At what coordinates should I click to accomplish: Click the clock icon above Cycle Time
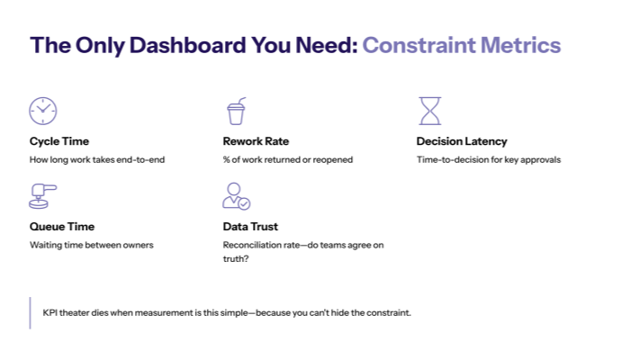[42, 111]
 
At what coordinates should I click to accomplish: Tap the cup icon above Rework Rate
[236, 111]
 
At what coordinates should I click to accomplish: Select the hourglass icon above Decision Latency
[430, 111]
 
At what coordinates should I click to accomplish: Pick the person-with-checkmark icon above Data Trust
[236, 195]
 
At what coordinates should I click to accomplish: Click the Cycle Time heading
[59, 141]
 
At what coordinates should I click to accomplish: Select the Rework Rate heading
[256, 141]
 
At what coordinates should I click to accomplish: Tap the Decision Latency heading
[462, 141]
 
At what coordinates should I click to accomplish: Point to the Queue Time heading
[62, 227]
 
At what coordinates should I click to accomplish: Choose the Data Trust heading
[252, 227]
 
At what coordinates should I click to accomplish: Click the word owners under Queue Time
[138, 245]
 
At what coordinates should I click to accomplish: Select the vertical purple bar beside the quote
[31, 312]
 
